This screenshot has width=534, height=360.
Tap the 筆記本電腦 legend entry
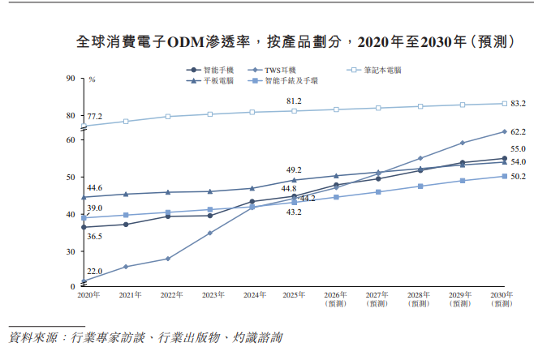tap(382, 70)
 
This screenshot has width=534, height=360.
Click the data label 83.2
tap(518, 104)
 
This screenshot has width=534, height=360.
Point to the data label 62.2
tap(518, 131)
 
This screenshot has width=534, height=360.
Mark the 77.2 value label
tap(95, 117)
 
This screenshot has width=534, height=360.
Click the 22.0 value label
tap(95, 271)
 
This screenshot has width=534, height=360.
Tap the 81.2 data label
tap(294, 101)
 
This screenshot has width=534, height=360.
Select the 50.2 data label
tap(518, 177)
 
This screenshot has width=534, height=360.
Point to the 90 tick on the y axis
tap(70, 79)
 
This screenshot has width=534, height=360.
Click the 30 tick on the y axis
tap(70, 251)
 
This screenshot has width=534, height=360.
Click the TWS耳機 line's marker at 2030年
tap(505, 131)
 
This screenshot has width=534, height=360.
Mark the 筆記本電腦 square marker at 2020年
tap(84, 126)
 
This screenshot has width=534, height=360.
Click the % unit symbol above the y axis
tap(92, 79)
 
